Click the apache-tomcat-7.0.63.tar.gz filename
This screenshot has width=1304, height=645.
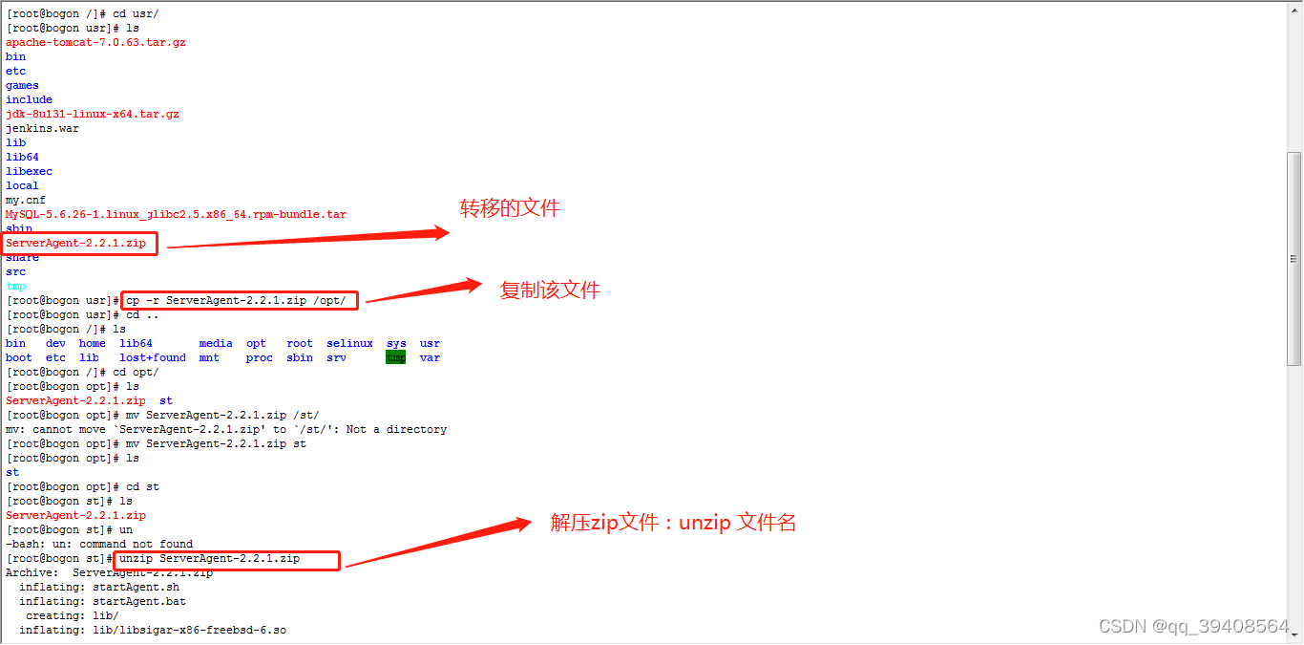click(95, 42)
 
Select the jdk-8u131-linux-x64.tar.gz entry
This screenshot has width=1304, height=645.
click(93, 114)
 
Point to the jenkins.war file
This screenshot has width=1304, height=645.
click(42, 128)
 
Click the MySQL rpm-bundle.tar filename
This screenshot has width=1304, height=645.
click(176, 214)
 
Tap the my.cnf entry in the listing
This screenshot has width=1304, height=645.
click(26, 200)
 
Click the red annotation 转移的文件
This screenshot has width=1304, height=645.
click(510, 207)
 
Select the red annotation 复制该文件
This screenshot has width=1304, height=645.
click(550, 290)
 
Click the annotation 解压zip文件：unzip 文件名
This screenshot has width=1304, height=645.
click(673, 523)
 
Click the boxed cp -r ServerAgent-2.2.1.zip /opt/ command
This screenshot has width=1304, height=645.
click(242, 300)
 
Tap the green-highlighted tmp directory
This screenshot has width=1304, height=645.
click(395, 357)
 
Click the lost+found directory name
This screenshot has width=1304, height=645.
click(153, 357)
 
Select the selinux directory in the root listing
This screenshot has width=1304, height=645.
click(349, 343)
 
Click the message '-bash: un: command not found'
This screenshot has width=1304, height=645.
click(99, 544)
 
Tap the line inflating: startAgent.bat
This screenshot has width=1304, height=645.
click(102, 601)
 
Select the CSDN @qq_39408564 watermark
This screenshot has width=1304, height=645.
click(1193, 626)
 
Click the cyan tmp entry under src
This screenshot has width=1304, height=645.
click(16, 286)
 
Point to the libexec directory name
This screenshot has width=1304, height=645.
click(29, 171)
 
